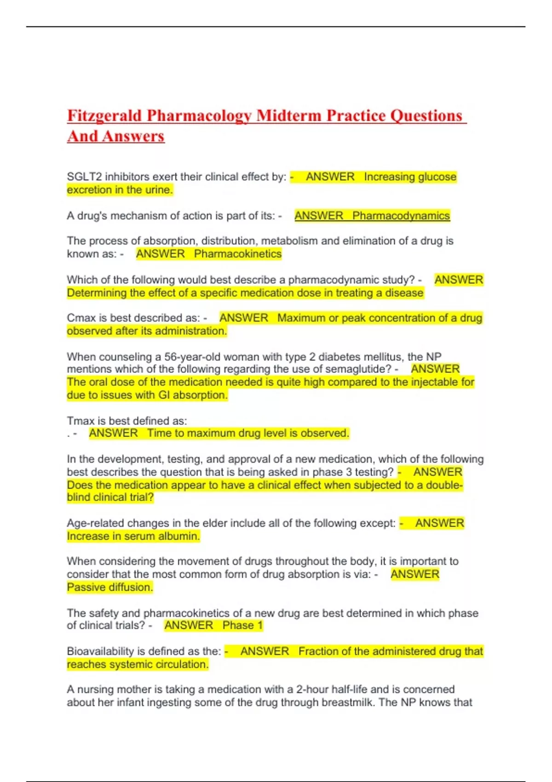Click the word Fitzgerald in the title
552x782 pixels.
click(104, 116)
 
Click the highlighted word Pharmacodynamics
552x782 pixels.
click(401, 216)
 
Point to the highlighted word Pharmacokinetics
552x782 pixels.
click(237, 254)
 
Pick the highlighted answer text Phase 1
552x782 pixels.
click(242, 625)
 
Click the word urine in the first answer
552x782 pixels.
click(158, 190)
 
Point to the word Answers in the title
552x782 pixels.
click(133, 137)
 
